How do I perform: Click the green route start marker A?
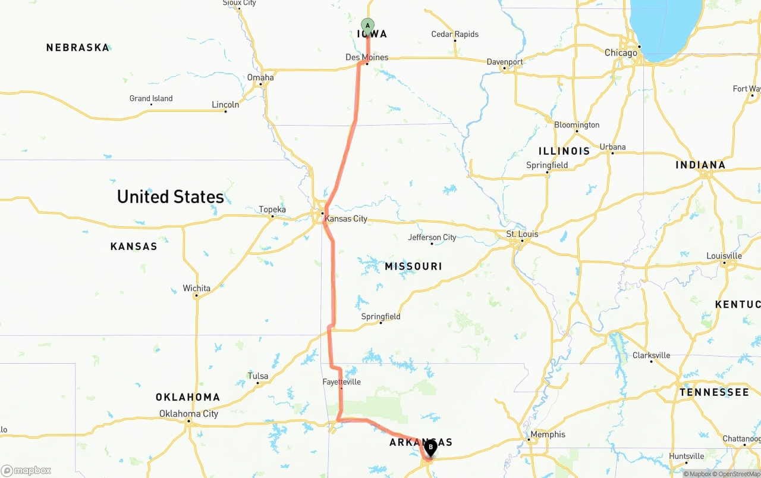click(367, 26)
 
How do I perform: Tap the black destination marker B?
click(430, 447)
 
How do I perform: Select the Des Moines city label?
click(367, 57)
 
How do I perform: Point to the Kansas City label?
click(345, 218)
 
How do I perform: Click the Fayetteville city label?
click(341, 382)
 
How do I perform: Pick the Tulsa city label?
click(257, 376)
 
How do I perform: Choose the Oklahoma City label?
click(188, 414)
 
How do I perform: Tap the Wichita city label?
click(196, 288)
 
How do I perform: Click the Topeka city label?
click(272, 209)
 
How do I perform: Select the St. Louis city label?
click(522, 234)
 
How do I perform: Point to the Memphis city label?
click(548, 435)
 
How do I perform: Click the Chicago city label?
click(621, 52)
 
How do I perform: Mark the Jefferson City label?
click(432, 237)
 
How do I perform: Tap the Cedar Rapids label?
click(455, 34)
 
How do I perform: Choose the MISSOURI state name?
click(413, 266)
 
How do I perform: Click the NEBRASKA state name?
click(78, 47)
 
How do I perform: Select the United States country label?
click(171, 196)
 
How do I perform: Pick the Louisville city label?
click(724, 256)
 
